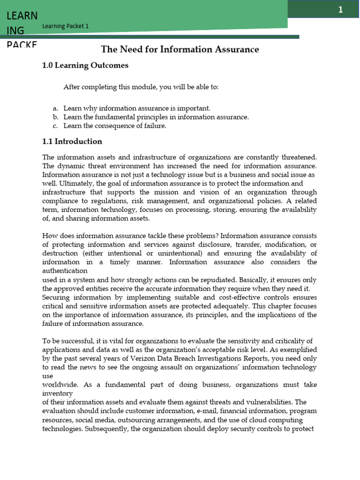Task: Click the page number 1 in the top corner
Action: point(341,10)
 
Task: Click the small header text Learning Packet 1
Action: point(65,26)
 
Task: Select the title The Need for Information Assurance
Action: point(180,49)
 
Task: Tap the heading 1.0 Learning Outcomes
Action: point(85,66)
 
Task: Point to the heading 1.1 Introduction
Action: point(72,141)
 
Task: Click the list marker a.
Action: point(55,108)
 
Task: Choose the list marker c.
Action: point(55,126)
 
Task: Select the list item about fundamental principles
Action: point(156,117)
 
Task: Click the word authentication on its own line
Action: point(65,270)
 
